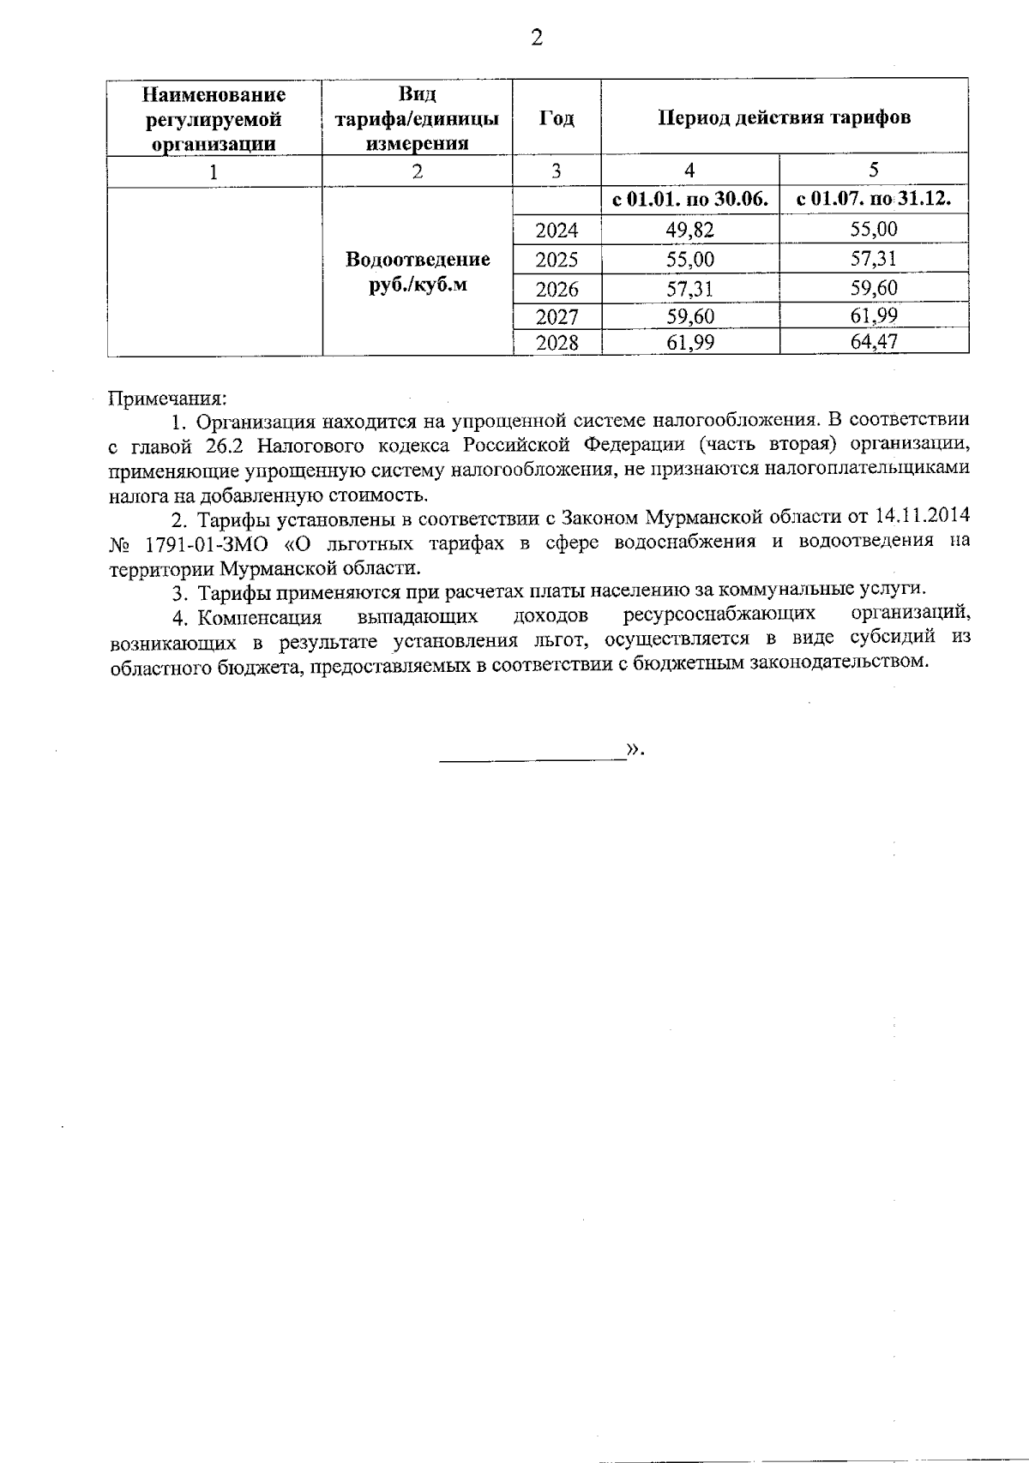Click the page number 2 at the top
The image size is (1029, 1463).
[x=538, y=39]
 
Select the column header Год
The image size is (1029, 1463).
[x=557, y=118]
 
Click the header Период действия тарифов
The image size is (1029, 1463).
[x=784, y=117]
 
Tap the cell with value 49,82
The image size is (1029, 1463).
[x=690, y=229]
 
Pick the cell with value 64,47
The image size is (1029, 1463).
[x=873, y=343]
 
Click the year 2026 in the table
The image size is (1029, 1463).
[x=557, y=289]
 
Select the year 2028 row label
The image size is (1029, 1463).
[x=557, y=344]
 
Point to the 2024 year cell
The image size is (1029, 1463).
[x=557, y=230]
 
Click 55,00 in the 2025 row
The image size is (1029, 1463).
[x=690, y=259]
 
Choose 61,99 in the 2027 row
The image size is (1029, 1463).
[x=873, y=316]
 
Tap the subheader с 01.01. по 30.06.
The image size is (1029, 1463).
[x=690, y=201]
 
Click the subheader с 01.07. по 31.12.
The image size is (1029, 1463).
[x=873, y=201]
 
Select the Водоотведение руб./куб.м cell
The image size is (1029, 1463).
[x=418, y=272]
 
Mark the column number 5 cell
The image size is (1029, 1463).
[x=873, y=170]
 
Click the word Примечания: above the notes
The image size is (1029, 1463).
[x=167, y=398]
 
